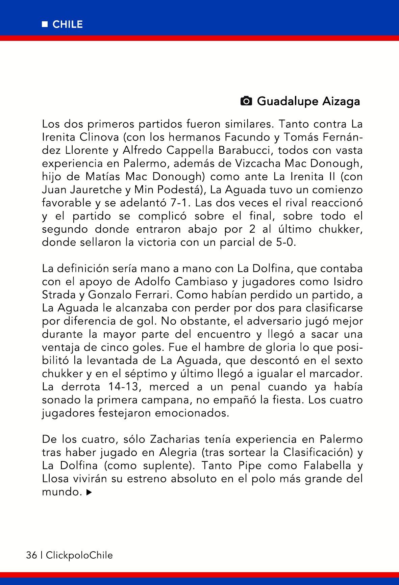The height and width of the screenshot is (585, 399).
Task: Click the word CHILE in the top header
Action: (x=68, y=25)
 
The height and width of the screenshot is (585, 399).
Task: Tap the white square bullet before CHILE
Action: (x=44, y=25)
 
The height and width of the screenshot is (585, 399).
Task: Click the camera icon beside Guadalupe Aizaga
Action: (x=246, y=101)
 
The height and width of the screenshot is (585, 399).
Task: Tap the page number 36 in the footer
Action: (x=31, y=555)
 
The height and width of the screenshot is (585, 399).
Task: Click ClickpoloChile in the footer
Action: (x=79, y=555)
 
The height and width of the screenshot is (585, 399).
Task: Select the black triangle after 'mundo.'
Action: (x=89, y=493)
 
